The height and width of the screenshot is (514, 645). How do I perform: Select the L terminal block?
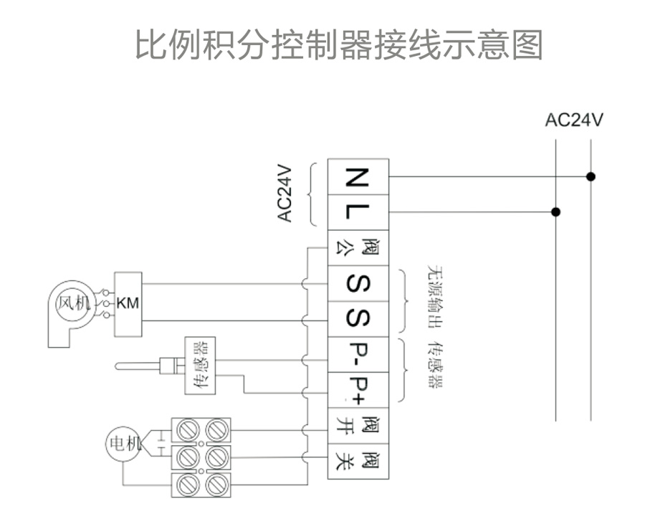tap(358, 212)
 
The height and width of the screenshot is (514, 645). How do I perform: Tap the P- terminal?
tap(358, 353)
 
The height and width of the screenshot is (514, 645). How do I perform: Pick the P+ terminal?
tap(358, 389)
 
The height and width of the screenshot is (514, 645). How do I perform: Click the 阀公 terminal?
tap(358, 248)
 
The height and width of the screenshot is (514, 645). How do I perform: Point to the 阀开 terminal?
tap(358, 426)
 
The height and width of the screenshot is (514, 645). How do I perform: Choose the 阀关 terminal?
tap(358, 461)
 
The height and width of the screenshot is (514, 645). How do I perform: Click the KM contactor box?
tap(128, 303)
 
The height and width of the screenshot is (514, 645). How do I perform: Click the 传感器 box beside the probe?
tap(200, 366)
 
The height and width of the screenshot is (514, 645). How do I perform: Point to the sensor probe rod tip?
tap(119, 368)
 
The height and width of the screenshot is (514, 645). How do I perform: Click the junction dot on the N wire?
tap(590, 176)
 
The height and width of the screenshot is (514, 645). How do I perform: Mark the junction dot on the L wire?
tap(555, 212)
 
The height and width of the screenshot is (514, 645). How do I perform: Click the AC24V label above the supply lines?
tap(573, 120)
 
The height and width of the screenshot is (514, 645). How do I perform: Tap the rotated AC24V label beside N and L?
tap(285, 194)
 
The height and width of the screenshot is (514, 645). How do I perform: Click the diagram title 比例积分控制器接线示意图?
tap(339, 44)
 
